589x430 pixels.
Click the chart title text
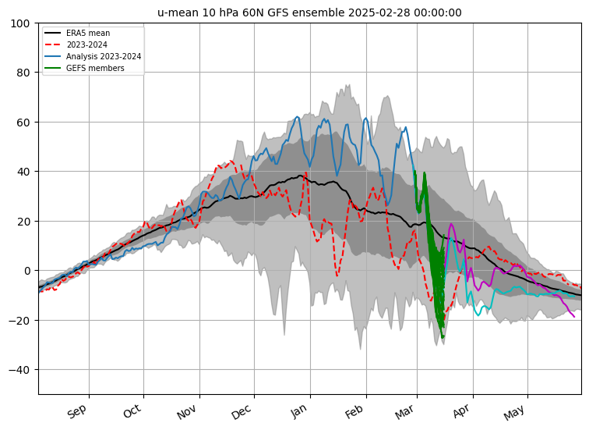pyautogui.click(x=309, y=12)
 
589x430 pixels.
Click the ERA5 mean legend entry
pyautogui.click(x=87, y=34)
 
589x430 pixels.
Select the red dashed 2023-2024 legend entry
pyautogui.click(x=87, y=45)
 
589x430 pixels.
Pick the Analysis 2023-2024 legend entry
pyautogui.click(x=98, y=57)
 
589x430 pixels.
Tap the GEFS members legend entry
pyautogui.click(x=94, y=69)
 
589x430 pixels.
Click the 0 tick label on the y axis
pyautogui.click(x=27, y=271)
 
